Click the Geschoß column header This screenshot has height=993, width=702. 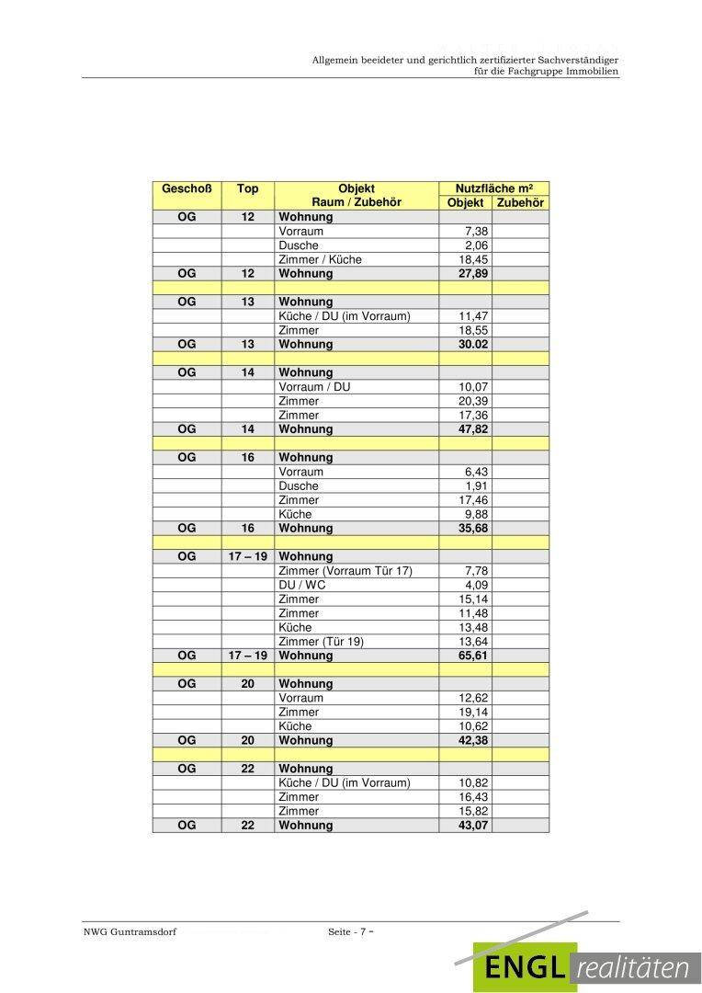(187, 188)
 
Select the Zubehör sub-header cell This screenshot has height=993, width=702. (520, 203)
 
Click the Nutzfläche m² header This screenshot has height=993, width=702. (493, 188)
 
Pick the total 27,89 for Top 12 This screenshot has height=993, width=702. (473, 274)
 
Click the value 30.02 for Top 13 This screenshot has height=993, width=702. (473, 344)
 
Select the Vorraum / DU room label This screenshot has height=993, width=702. (314, 387)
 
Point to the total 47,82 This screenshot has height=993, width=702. (473, 429)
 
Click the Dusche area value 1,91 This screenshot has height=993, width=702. (476, 485)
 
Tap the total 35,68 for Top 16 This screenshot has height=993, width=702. (473, 529)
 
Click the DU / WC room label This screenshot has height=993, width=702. (302, 585)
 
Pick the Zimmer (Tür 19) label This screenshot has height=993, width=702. (322, 642)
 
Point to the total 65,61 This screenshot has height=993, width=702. (473, 656)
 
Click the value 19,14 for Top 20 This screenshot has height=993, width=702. (473, 712)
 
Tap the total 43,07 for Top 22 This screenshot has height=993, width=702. (473, 826)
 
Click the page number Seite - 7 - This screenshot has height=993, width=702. (351, 932)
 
